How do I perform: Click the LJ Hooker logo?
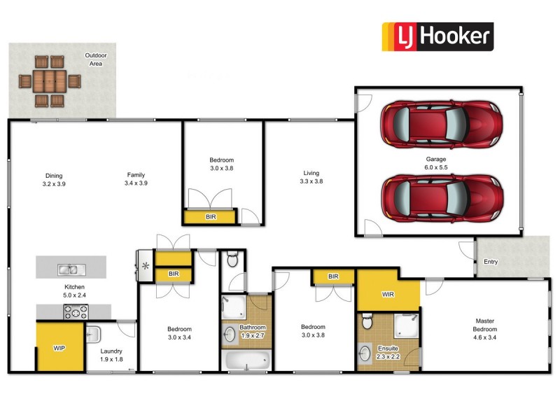437,36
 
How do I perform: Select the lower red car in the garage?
442,197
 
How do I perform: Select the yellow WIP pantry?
59,347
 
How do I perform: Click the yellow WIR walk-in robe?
388,294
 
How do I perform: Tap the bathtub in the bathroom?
246,360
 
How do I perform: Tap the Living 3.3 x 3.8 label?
311,177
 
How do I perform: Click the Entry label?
491,262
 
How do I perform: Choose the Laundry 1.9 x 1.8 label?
112,356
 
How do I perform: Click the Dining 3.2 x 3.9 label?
54,178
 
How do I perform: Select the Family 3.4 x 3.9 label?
136,178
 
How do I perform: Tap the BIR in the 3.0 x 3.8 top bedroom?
211,217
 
